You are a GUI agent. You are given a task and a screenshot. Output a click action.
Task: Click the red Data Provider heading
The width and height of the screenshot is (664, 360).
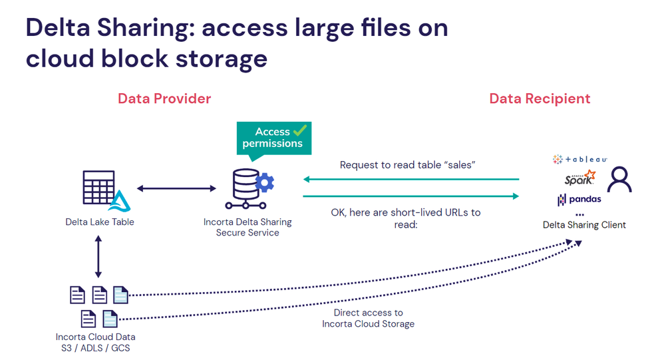(x=164, y=98)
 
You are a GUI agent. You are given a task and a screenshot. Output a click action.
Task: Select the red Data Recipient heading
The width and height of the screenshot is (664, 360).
(x=540, y=98)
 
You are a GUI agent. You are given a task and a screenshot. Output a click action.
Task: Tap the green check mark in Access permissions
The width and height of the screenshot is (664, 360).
(x=300, y=130)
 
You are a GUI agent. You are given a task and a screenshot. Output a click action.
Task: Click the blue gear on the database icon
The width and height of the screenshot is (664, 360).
(x=265, y=182)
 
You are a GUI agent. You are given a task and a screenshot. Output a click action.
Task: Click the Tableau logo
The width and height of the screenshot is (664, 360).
(x=580, y=160)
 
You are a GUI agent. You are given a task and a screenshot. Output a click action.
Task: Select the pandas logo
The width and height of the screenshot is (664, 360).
(x=580, y=199)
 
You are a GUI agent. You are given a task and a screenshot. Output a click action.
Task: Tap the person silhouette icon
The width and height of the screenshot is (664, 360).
(x=620, y=179)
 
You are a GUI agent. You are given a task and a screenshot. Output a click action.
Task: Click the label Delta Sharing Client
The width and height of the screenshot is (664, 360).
(x=584, y=225)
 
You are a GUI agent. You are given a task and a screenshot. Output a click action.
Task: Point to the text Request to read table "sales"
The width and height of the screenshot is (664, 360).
(x=407, y=164)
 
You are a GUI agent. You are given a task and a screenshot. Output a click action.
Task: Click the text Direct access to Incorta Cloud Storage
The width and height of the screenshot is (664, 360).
(x=368, y=318)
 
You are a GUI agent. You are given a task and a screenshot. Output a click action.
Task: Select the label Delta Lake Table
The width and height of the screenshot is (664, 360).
(x=100, y=222)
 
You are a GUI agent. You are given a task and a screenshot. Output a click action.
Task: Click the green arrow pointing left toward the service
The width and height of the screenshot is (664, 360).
(x=411, y=179)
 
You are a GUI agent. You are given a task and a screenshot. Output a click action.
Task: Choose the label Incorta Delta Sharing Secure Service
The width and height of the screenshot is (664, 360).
(x=248, y=228)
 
